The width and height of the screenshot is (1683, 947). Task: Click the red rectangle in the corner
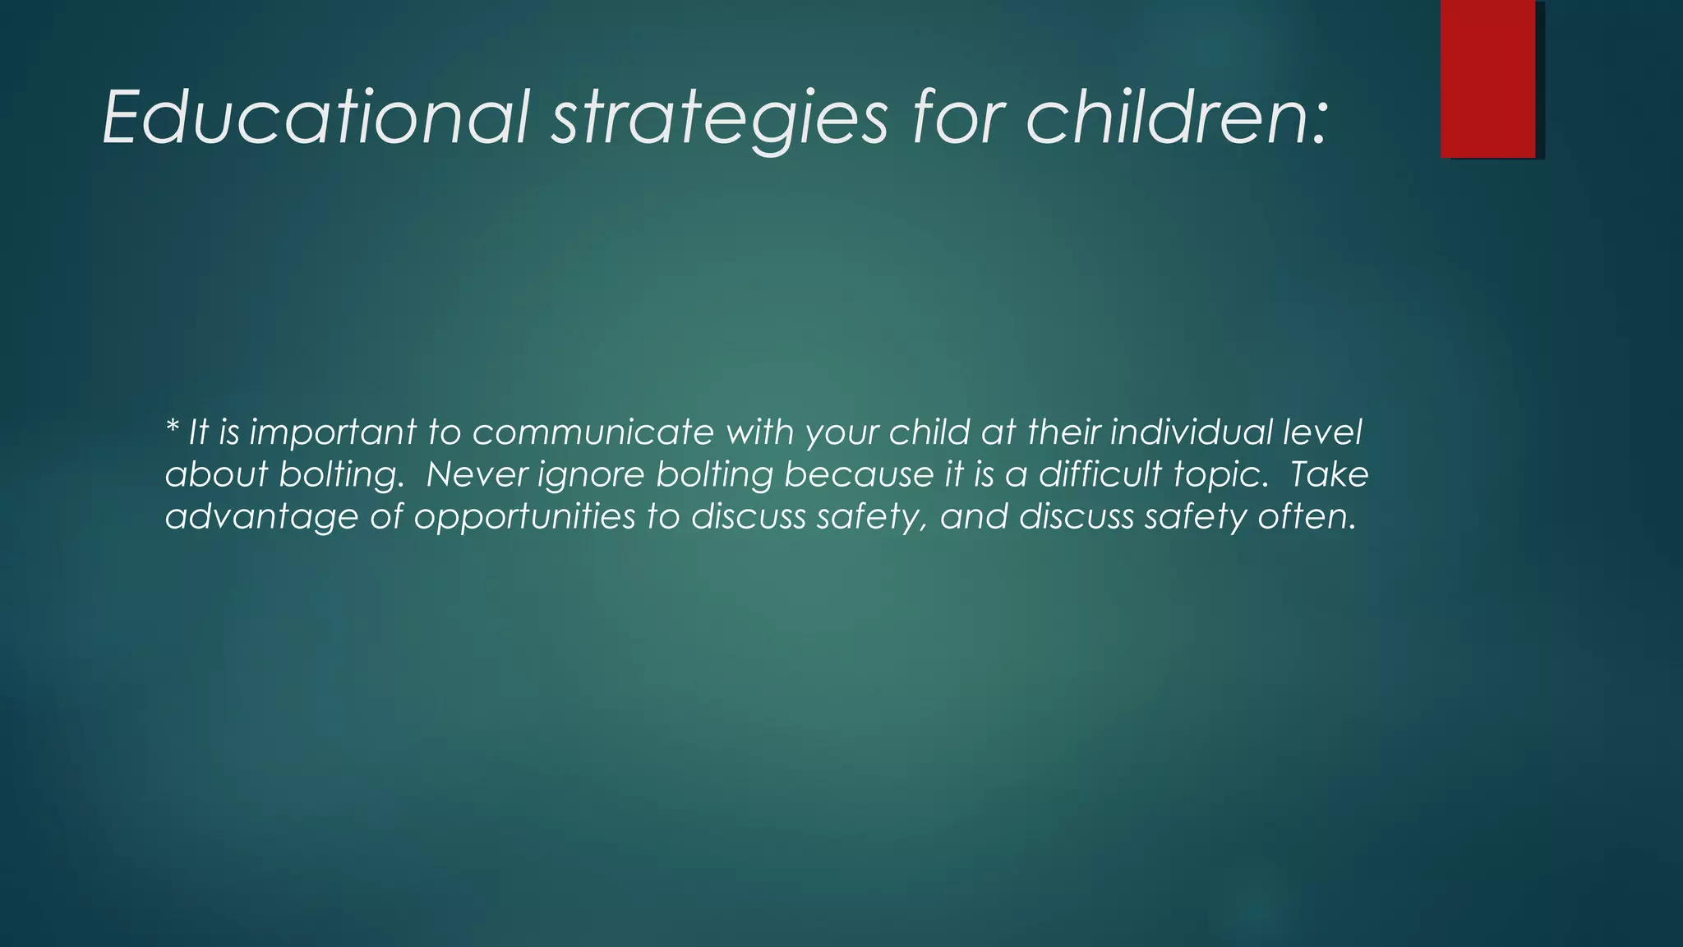click(1487, 78)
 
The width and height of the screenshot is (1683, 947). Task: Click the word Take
click(1328, 475)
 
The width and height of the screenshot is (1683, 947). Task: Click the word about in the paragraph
click(216, 475)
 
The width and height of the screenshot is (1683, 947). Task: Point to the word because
click(859, 475)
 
